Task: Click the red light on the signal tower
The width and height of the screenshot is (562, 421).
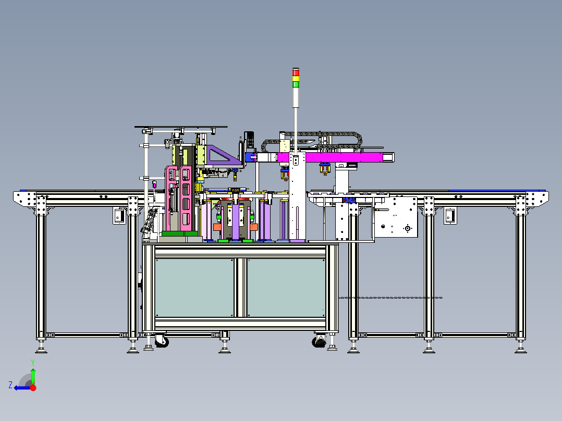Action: pos(296,73)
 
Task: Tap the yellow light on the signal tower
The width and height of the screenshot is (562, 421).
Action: pos(296,79)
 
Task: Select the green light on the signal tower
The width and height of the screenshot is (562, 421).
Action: pos(296,84)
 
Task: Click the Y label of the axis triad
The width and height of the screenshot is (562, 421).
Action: pos(33,363)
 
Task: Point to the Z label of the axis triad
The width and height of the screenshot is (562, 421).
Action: pos(10,385)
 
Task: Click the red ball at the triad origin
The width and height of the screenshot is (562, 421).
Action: pos(33,388)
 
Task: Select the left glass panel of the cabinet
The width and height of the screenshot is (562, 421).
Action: pos(194,288)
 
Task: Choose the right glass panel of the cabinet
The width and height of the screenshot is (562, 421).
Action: pos(286,288)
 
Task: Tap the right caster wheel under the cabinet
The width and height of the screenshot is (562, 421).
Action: pos(319,341)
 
